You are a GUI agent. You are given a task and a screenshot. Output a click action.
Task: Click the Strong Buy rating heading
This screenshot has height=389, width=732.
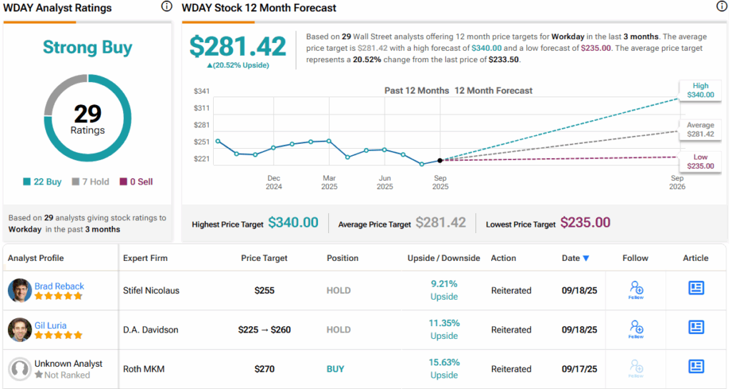click(87, 47)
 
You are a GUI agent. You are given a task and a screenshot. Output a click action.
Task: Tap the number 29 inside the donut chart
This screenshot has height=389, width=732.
click(87, 114)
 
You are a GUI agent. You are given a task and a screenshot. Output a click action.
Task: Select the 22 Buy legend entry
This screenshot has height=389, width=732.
click(42, 182)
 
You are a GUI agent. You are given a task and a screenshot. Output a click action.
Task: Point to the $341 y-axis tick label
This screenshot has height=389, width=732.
click(202, 91)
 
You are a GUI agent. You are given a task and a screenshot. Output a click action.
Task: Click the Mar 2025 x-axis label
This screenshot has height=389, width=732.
click(329, 182)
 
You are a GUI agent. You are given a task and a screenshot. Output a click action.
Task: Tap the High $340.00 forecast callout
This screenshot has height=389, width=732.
click(700, 90)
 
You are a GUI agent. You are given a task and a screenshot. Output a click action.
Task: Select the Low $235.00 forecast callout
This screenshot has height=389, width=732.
click(700, 162)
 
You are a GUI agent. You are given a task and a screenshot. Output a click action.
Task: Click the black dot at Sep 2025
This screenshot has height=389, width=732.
click(440, 160)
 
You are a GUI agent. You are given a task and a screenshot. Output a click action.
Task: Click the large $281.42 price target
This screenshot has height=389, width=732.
click(237, 46)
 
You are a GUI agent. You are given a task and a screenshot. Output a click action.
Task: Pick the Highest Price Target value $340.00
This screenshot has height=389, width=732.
click(293, 223)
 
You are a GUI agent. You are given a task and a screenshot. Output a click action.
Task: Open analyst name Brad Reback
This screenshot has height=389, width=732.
click(59, 286)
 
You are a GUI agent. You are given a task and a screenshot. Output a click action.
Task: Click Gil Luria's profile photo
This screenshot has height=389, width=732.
click(19, 330)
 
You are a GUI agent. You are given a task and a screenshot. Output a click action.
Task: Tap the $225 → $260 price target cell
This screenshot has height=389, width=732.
click(265, 330)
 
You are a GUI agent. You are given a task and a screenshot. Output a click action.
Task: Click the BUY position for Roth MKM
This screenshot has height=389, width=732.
click(335, 369)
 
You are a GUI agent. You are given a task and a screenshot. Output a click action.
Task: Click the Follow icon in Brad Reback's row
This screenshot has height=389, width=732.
click(636, 289)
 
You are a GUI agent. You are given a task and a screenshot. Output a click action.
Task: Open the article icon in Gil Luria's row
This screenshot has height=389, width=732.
click(696, 327)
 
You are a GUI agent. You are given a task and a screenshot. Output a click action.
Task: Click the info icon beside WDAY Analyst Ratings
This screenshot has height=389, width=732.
click(167, 7)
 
